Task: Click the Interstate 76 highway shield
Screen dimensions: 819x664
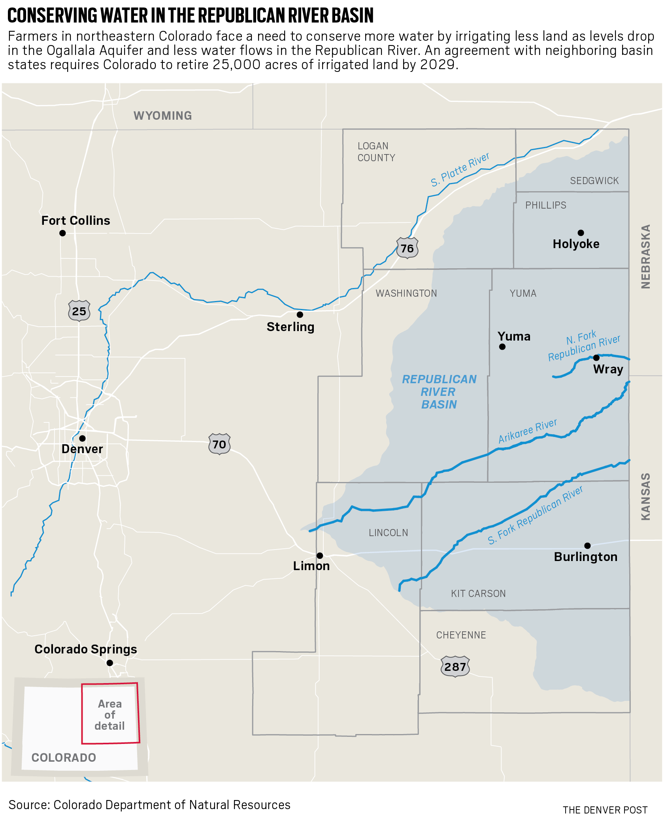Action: pos(407,248)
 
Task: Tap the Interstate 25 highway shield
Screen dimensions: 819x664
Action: pos(79,311)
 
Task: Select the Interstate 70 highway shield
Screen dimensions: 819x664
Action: pos(219,444)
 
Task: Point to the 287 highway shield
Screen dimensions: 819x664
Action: pos(455,667)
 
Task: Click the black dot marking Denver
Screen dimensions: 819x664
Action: pos(82,438)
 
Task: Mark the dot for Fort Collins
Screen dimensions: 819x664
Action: pos(62,233)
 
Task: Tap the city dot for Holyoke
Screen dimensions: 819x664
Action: pos(581,233)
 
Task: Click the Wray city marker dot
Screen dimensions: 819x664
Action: pos(596,358)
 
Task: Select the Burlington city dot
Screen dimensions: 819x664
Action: pos(587,546)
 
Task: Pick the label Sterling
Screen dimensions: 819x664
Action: pos(290,327)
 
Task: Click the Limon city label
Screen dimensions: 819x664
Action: pos(311,566)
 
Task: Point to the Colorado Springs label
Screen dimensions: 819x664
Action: pos(86,649)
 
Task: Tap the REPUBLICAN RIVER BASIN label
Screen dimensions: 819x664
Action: pos(439,392)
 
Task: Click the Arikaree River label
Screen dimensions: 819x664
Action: pos(528,431)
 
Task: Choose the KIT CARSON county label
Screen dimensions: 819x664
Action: pos(478,593)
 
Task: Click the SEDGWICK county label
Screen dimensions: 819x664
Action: pos(594,181)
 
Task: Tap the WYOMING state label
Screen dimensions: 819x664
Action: pos(163,115)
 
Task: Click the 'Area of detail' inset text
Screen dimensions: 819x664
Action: pos(110,715)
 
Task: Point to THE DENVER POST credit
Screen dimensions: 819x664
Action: pos(605,810)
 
